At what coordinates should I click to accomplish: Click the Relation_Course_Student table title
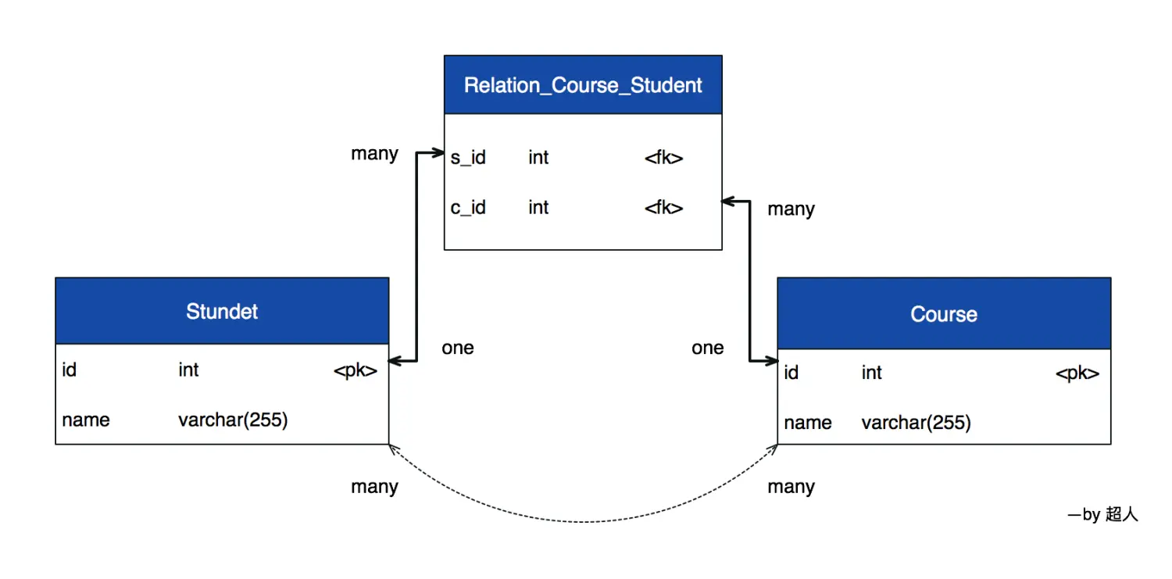coord(583,85)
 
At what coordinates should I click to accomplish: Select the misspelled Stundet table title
coord(222,312)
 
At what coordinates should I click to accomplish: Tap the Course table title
coord(944,314)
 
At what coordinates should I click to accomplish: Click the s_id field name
coord(468,158)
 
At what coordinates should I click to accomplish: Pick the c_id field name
coord(468,208)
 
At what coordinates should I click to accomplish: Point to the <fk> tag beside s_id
coord(663,158)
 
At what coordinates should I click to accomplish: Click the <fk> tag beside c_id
coord(663,208)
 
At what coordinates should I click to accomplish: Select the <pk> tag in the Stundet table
coord(356,370)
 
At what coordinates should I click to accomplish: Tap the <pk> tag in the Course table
coord(1077,373)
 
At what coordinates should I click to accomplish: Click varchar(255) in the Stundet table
coord(233,420)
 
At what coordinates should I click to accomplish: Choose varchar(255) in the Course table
coord(916,424)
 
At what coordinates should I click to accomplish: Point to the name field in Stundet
coord(86,420)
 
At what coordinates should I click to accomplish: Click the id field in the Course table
coord(791,373)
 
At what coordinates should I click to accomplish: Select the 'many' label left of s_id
coord(374,154)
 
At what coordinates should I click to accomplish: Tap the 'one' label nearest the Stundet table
coord(458,348)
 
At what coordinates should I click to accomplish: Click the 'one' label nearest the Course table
coord(708,348)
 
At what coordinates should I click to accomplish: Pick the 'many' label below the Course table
coord(791,487)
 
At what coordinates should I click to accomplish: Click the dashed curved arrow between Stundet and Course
coord(583,521)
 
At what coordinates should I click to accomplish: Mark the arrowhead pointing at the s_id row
coord(439,155)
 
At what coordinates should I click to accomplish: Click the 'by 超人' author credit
coord(1103,514)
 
